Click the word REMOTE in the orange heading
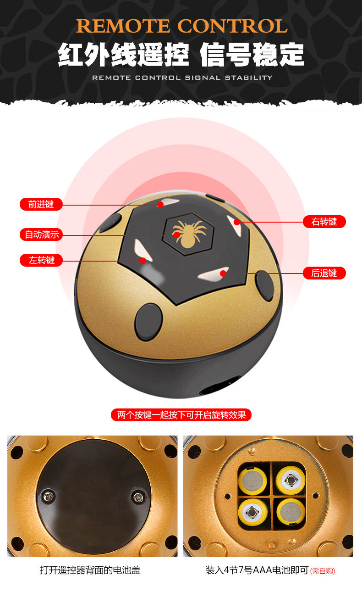[x=123, y=26]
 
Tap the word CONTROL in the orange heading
[x=232, y=26]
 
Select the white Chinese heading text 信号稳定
[x=252, y=55]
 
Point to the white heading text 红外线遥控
[x=123, y=55]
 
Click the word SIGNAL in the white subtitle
[x=203, y=78]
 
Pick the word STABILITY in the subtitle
[x=249, y=78]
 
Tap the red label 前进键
[x=41, y=204]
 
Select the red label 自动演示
[x=41, y=235]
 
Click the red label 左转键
[x=41, y=260]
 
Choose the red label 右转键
[x=324, y=222]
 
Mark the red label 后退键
[x=324, y=273]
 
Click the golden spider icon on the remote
[x=189, y=233]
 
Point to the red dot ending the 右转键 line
[x=237, y=222]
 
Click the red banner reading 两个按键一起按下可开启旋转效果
[x=181, y=415]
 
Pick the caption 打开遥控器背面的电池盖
[x=90, y=570]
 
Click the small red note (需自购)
[x=322, y=571]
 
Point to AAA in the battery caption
[x=263, y=570]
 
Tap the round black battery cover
[x=93, y=497]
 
